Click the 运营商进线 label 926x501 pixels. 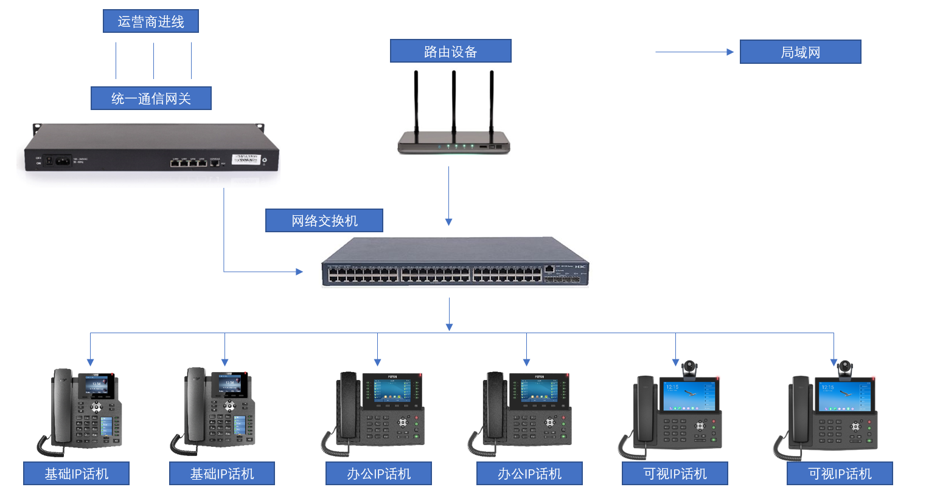(x=151, y=21)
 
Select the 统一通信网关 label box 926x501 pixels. (x=151, y=98)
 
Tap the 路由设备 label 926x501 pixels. (x=450, y=51)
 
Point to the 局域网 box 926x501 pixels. (x=800, y=52)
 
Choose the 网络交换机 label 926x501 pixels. (x=324, y=220)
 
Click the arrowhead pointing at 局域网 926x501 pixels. (x=730, y=52)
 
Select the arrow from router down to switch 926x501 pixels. (x=449, y=195)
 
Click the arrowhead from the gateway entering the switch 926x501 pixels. (x=299, y=271)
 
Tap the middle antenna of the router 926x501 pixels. (x=454, y=103)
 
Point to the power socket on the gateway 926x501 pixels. (x=61, y=161)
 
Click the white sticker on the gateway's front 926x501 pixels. (x=246, y=159)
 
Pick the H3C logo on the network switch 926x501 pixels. (x=581, y=267)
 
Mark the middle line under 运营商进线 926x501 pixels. (x=153, y=61)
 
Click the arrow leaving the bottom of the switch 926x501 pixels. (x=449, y=314)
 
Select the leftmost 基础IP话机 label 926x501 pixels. (x=76, y=473)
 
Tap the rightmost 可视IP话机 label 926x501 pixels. (x=840, y=473)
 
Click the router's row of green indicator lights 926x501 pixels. (x=460, y=146)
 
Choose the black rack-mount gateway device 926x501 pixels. (x=149, y=149)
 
